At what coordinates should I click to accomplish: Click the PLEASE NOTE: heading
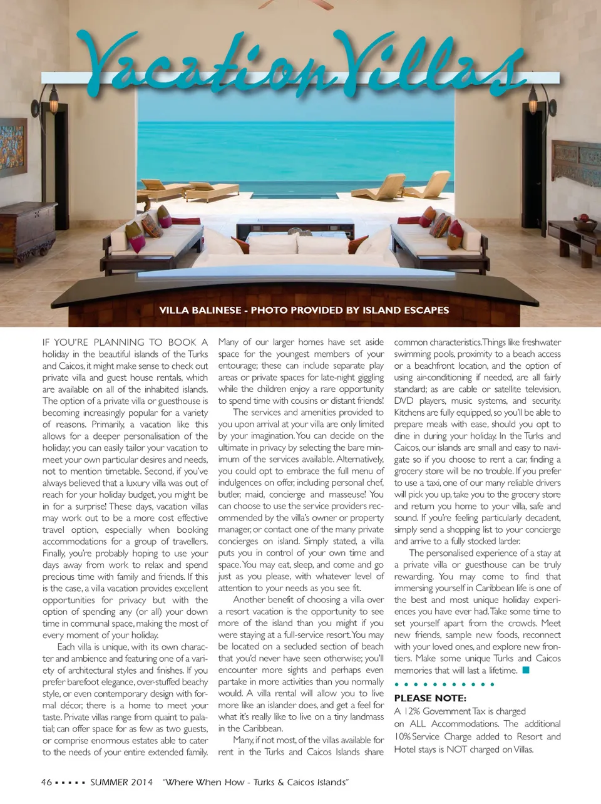point(430,698)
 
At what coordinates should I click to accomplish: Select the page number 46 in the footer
point(46,782)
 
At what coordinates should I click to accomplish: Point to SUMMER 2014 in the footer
point(121,782)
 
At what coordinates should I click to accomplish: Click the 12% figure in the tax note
point(411,711)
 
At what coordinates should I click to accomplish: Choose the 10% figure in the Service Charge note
point(402,737)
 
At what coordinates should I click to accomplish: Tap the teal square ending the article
point(526,670)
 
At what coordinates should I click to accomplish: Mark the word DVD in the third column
point(404,401)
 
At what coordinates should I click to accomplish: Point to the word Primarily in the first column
point(108,425)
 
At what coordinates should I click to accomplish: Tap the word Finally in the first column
point(54,554)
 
